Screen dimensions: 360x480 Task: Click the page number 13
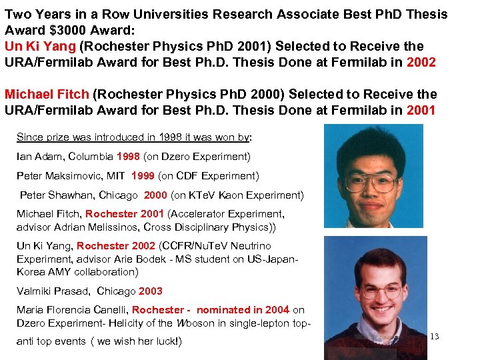click(434, 337)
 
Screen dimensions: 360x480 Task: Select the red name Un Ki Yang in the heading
click(40, 46)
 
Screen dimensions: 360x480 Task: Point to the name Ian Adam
click(41, 157)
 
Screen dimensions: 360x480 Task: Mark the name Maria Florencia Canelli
click(71, 309)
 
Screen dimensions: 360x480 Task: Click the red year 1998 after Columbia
click(129, 157)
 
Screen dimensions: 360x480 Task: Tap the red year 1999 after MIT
click(144, 176)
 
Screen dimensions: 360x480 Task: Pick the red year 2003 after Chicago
click(150, 291)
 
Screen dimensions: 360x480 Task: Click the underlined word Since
click(29, 137)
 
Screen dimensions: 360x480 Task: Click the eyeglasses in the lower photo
click(381, 291)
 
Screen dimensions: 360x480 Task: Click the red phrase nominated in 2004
click(243, 309)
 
